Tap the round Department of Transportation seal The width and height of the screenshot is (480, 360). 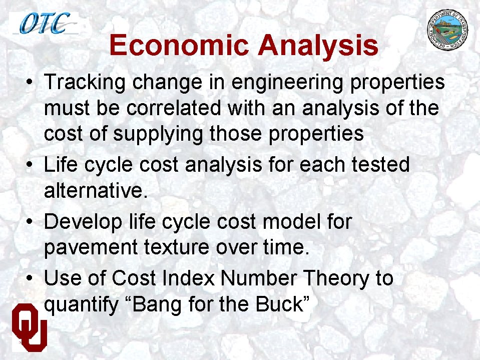(x=448, y=30)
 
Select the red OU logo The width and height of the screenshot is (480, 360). (x=30, y=325)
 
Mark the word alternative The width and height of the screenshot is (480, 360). (x=96, y=191)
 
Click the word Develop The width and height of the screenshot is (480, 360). (x=83, y=222)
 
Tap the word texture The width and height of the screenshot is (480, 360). (x=183, y=248)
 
